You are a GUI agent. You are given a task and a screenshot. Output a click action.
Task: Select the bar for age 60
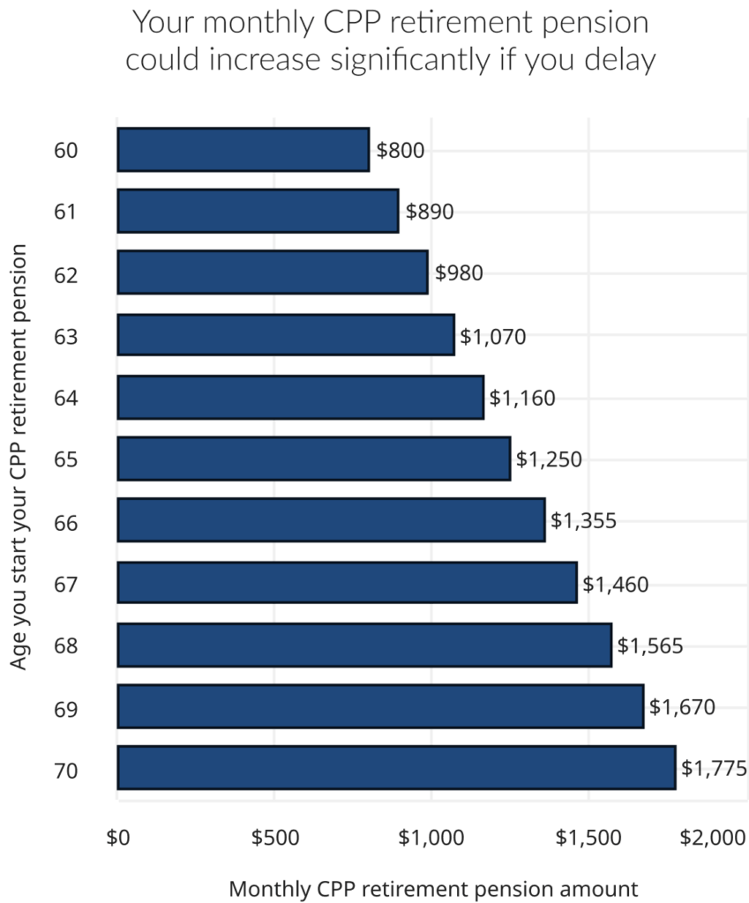(x=243, y=150)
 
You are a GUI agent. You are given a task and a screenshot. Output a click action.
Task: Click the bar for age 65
(x=313, y=459)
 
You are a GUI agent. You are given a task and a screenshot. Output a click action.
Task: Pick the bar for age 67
(x=347, y=583)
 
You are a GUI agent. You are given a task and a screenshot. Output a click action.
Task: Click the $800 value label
(x=401, y=150)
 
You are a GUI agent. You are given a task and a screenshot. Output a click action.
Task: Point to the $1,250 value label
(x=549, y=459)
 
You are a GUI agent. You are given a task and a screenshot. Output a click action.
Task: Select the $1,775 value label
(x=714, y=768)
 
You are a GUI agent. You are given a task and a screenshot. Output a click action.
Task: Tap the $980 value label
(x=459, y=273)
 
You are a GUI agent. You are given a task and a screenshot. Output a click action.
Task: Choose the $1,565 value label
(x=649, y=646)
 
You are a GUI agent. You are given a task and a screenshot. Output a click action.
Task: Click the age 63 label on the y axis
(x=66, y=336)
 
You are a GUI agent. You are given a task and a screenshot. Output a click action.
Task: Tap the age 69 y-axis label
(x=66, y=707)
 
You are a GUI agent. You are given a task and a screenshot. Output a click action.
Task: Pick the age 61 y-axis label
(x=66, y=213)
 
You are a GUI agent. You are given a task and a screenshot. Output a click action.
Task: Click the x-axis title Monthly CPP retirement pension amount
(x=432, y=889)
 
